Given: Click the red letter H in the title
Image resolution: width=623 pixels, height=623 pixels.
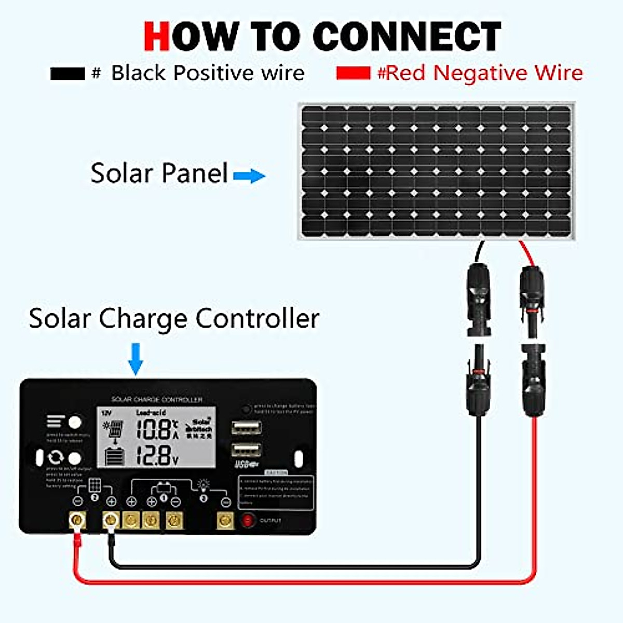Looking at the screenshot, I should (156, 36).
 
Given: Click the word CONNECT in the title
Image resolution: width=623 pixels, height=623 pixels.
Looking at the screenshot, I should (407, 36).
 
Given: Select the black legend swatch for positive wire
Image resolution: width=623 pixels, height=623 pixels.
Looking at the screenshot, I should (67, 73).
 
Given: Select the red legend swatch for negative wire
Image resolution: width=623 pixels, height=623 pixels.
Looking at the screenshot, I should (353, 73).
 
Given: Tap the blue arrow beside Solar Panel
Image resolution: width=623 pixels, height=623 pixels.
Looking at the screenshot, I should (249, 176).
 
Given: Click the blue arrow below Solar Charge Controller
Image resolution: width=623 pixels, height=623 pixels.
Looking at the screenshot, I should (136, 358).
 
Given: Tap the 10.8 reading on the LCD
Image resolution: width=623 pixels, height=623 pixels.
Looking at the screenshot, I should (154, 429).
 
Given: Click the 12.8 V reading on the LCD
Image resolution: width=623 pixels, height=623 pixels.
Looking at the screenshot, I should (154, 455).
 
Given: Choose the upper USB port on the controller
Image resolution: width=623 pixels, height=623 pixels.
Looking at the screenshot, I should (246, 428).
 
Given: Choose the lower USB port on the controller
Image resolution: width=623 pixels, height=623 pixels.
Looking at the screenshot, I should (246, 450).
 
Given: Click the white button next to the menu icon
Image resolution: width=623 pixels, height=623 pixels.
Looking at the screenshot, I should (75, 421).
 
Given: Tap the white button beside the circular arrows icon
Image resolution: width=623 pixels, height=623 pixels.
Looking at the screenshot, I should (75, 458).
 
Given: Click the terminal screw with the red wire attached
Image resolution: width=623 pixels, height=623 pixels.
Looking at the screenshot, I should (78, 520).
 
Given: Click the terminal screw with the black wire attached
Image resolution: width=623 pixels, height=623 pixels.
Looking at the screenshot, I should (111, 520).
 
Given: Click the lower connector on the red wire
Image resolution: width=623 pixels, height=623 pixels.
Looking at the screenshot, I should (534, 382).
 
